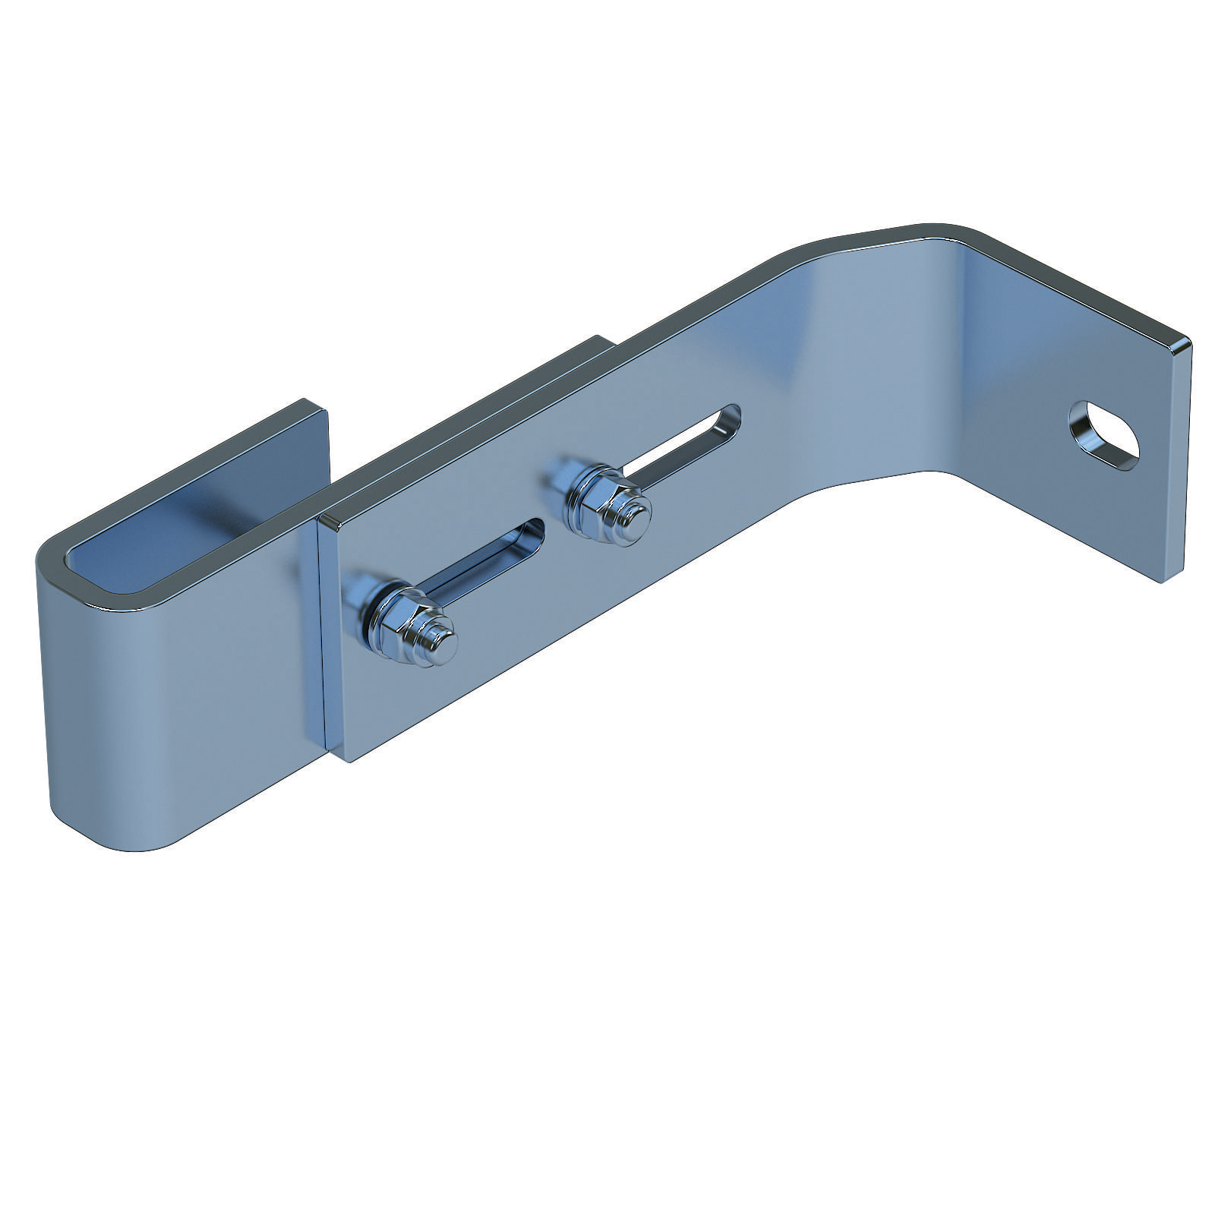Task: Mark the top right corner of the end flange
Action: [x=1185, y=342]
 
